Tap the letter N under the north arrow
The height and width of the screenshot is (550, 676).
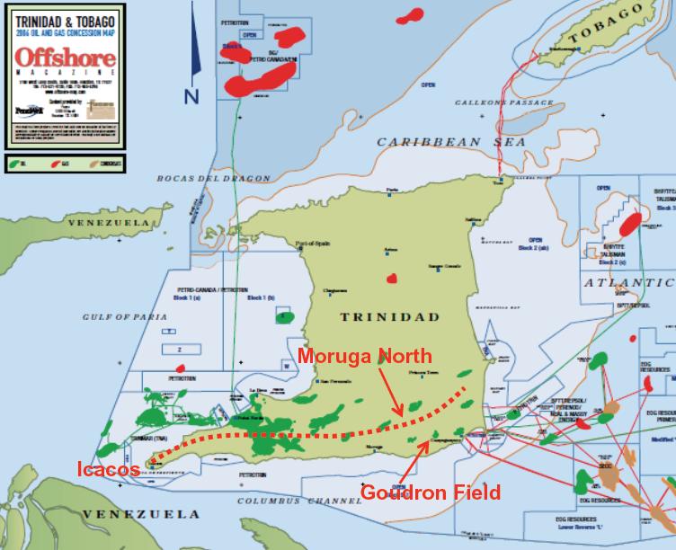coord(191,96)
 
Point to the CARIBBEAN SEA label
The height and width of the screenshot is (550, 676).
coord(440,142)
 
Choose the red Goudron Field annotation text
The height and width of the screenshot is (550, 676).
coord(431,492)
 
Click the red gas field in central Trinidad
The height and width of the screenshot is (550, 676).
coord(391,279)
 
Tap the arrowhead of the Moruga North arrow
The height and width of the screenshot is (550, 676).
coord(399,416)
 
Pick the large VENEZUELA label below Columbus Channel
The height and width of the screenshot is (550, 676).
coord(139,514)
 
